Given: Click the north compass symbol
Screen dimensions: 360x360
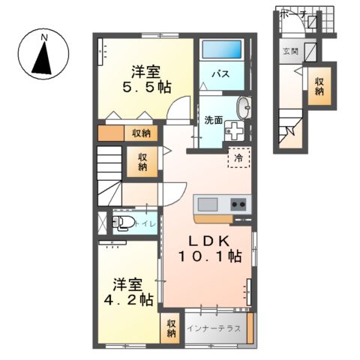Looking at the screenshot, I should pyautogui.click(x=43, y=57).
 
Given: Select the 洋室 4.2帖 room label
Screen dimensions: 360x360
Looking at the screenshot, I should pyautogui.click(x=133, y=292).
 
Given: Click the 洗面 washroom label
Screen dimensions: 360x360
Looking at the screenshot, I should pyautogui.click(x=213, y=119).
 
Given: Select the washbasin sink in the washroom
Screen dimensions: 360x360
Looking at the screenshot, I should pyautogui.click(x=243, y=107).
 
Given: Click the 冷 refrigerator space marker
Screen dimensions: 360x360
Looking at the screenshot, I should pyautogui.click(x=238, y=158).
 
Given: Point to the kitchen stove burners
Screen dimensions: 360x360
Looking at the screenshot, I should pyautogui.click(x=239, y=203).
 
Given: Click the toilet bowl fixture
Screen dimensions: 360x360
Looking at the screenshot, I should pyautogui.click(x=122, y=223).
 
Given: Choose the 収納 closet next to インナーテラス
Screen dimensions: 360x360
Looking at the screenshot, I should pyautogui.click(x=171, y=328).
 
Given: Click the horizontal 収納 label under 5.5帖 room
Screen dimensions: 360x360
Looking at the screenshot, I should pyautogui.click(x=140, y=134).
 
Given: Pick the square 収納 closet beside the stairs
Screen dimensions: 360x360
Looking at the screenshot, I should pyautogui.click(x=142, y=162).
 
